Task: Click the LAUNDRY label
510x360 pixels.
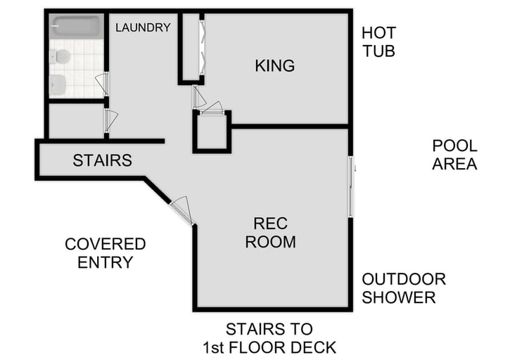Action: pos(144,28)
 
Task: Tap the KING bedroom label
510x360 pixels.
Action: pos(274,66)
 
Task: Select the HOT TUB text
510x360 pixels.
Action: pos(378,42)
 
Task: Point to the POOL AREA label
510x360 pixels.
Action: pos(454,155)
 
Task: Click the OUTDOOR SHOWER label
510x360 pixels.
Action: pos(404,288)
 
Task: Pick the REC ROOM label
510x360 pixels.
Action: pos(274,233)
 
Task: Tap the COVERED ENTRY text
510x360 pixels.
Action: pos(105,253)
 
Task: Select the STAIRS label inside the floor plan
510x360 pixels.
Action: pos(103,160)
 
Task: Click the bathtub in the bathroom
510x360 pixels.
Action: pos(76,27)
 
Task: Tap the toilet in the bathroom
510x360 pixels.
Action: pos(61,56)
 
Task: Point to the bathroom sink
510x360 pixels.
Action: pos(58,84)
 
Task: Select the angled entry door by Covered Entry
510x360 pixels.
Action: pos(181,210)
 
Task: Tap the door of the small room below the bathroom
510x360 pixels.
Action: pos(108,120)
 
